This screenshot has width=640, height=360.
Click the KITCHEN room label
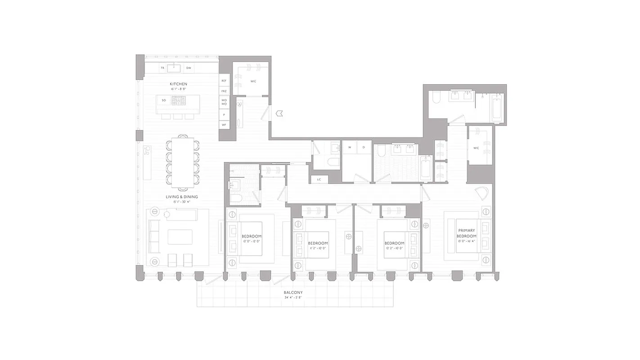click(x=178, y=84)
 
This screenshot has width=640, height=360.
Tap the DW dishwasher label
click(x=189, y=68)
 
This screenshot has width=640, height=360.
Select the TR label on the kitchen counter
click(x=162, y=68)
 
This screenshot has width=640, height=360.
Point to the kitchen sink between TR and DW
click(x=174, y=68)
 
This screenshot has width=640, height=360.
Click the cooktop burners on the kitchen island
click(x=179, y=100)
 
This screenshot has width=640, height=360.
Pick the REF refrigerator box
click(x=224, y=81)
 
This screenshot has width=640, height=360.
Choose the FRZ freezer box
click(x=224, y=91)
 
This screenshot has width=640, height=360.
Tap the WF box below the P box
click(x=224, y=124)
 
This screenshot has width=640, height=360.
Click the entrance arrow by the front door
click(x=279, y=113)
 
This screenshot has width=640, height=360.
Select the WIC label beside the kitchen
click(x=253, y=81)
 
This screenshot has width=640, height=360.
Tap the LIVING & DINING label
click(x=182, y=197)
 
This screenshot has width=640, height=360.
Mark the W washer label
click(x=349, y=147)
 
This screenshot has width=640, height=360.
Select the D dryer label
click(x=364, y=147)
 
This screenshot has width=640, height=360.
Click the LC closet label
click(x=319, y=180)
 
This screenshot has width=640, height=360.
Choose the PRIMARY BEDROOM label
click(x=466, y=233)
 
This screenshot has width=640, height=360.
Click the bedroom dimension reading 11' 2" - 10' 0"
click(x=318, y=248)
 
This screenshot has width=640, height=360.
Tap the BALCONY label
click(x=293, y=292)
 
